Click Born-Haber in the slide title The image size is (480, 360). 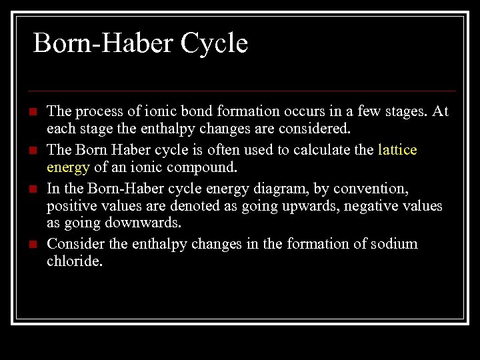point(94,44)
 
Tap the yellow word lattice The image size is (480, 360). point(397,150)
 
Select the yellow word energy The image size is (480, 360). point(68,167)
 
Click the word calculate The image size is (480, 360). point(312,150)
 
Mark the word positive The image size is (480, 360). point(71,206)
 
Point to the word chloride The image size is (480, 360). point(73,261)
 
